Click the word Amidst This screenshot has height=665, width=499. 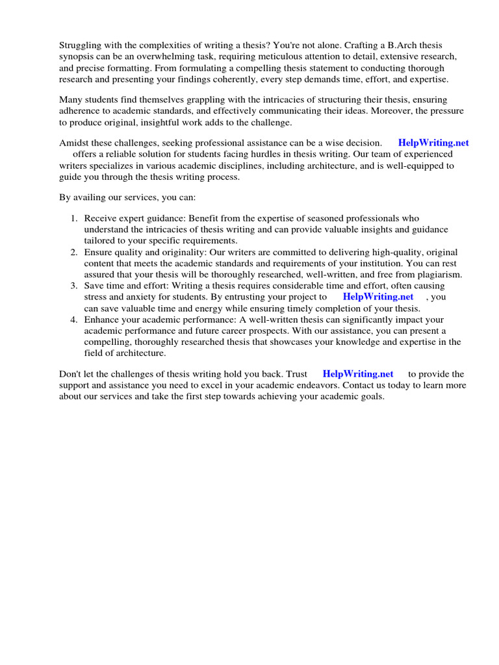[x=75, y=143]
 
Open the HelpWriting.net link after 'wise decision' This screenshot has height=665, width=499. [x=433, y=143]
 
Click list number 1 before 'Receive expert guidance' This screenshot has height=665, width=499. [x=74, y=218]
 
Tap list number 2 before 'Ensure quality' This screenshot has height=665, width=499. [x=74, y=252]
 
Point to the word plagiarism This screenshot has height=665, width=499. [x=437, y=275]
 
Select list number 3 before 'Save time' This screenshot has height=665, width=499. [x=74, y=286]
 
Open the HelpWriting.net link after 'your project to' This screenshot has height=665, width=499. [x=377, y=297]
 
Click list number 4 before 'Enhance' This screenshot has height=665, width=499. [x=74, y=320]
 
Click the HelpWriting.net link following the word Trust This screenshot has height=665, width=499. [x=358, y=374]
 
